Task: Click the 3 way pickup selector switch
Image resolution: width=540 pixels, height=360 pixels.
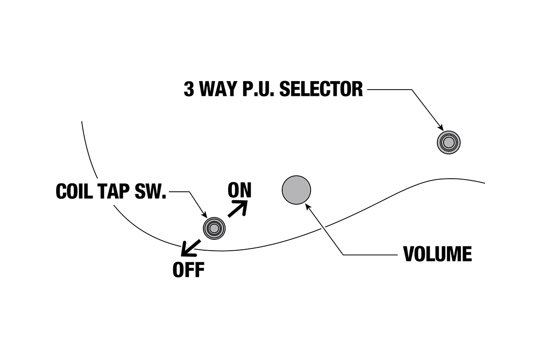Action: (x=448, y=143)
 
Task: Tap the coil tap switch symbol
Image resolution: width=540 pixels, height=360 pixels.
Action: (x=214, y=228)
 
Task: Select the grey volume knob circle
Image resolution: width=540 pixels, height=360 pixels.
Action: (x=296, y=190)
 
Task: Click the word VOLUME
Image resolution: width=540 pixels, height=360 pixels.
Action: (x=437, y=254)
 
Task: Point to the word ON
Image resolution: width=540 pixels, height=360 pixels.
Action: (x=239, y=190)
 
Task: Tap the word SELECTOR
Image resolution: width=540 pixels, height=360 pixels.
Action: (x=321, y=89)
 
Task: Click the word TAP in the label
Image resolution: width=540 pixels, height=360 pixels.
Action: (x=117, y=191)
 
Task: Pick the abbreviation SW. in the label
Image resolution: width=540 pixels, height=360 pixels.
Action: (x=153, y=191)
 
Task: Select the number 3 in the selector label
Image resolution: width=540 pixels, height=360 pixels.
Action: (x=189, y=89)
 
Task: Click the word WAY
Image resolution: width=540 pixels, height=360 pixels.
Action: (x=218, y=89)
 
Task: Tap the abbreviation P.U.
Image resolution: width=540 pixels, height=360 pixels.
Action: (x=259, y=89)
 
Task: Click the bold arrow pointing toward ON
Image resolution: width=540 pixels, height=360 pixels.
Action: (x=238, y=209)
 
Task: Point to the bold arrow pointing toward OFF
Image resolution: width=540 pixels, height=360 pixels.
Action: (x=190, y=247)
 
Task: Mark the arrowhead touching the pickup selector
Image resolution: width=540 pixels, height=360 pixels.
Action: (x=440, y=129)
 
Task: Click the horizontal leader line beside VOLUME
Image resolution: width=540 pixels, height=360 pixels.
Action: (x=371, y=255)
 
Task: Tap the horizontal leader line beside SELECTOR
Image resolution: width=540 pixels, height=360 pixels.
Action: (x=389, y=90)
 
